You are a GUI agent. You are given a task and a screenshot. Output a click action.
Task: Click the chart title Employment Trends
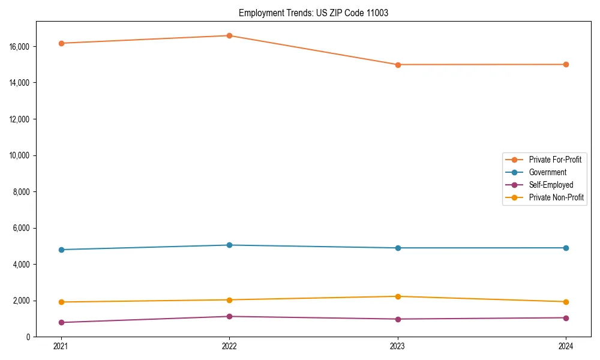click(313, 13)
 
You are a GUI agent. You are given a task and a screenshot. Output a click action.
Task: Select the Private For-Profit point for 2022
click(229, 35)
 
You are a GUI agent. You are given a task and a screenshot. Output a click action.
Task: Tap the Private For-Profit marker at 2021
click(61, 43)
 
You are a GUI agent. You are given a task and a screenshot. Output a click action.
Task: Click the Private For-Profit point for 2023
click(398, 64)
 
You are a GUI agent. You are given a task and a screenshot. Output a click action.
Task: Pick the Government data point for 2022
click(229, 245)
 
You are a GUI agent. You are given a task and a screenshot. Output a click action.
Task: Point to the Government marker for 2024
click(566, 248)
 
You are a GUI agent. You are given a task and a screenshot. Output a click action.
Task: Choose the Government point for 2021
click(61, 250)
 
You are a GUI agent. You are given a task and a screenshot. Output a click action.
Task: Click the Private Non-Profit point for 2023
click(398, 296)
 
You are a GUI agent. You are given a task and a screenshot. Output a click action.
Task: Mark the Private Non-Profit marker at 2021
click(61, 302)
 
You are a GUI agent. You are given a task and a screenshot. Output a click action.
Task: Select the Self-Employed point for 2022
click(229, 316)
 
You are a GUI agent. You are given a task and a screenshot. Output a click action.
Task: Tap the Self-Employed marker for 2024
click(566, 317)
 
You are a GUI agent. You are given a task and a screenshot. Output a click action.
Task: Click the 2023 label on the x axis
click(398, 346)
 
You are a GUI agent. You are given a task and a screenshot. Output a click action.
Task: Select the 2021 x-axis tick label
click(61, 346)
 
